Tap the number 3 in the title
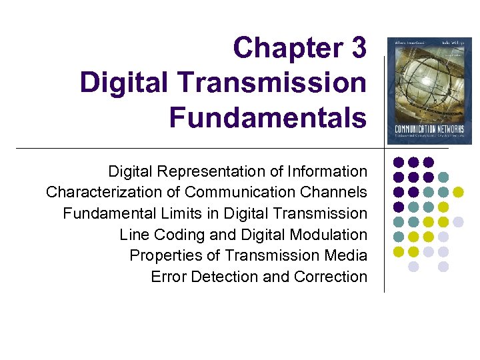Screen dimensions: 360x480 pyautogui.click(x=356, y=48)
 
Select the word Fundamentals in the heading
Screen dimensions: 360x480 pyautogui.click(x=267, y=117)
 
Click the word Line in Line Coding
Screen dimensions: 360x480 pyautogui.click(x=132, y=235)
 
